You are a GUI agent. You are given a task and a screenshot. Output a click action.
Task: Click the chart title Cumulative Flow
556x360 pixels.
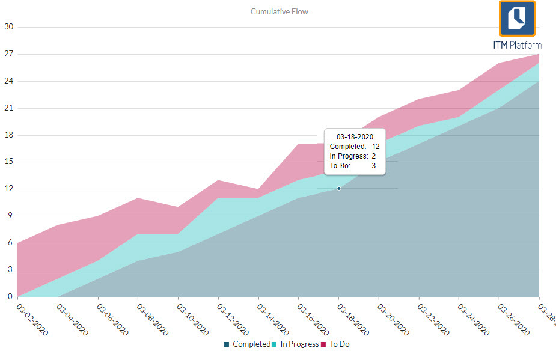tap(279, 11)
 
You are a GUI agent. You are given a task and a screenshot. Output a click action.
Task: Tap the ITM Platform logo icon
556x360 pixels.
tap(517, 19)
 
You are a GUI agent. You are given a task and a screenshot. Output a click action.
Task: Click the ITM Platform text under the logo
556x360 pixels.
tap(517, 45)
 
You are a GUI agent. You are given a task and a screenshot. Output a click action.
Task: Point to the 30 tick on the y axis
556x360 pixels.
tap(8, 27)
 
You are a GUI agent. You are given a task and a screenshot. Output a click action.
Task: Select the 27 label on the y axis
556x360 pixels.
tap(8, 54)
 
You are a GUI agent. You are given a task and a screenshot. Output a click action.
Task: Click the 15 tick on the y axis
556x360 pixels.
tap(8, 162)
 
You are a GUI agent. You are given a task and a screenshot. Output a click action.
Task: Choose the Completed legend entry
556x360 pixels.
tap(247, 344)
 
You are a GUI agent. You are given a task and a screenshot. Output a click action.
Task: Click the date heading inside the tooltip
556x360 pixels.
tap(355, 136)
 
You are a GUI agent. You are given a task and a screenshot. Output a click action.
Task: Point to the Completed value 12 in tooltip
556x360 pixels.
tap(375, 146)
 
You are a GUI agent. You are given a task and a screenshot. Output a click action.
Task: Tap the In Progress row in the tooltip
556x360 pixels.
tap(353, 156)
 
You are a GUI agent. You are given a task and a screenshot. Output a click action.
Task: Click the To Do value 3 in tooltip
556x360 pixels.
tap(373, 165)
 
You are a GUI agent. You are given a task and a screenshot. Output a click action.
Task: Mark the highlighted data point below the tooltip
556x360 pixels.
tap(339, 188)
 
